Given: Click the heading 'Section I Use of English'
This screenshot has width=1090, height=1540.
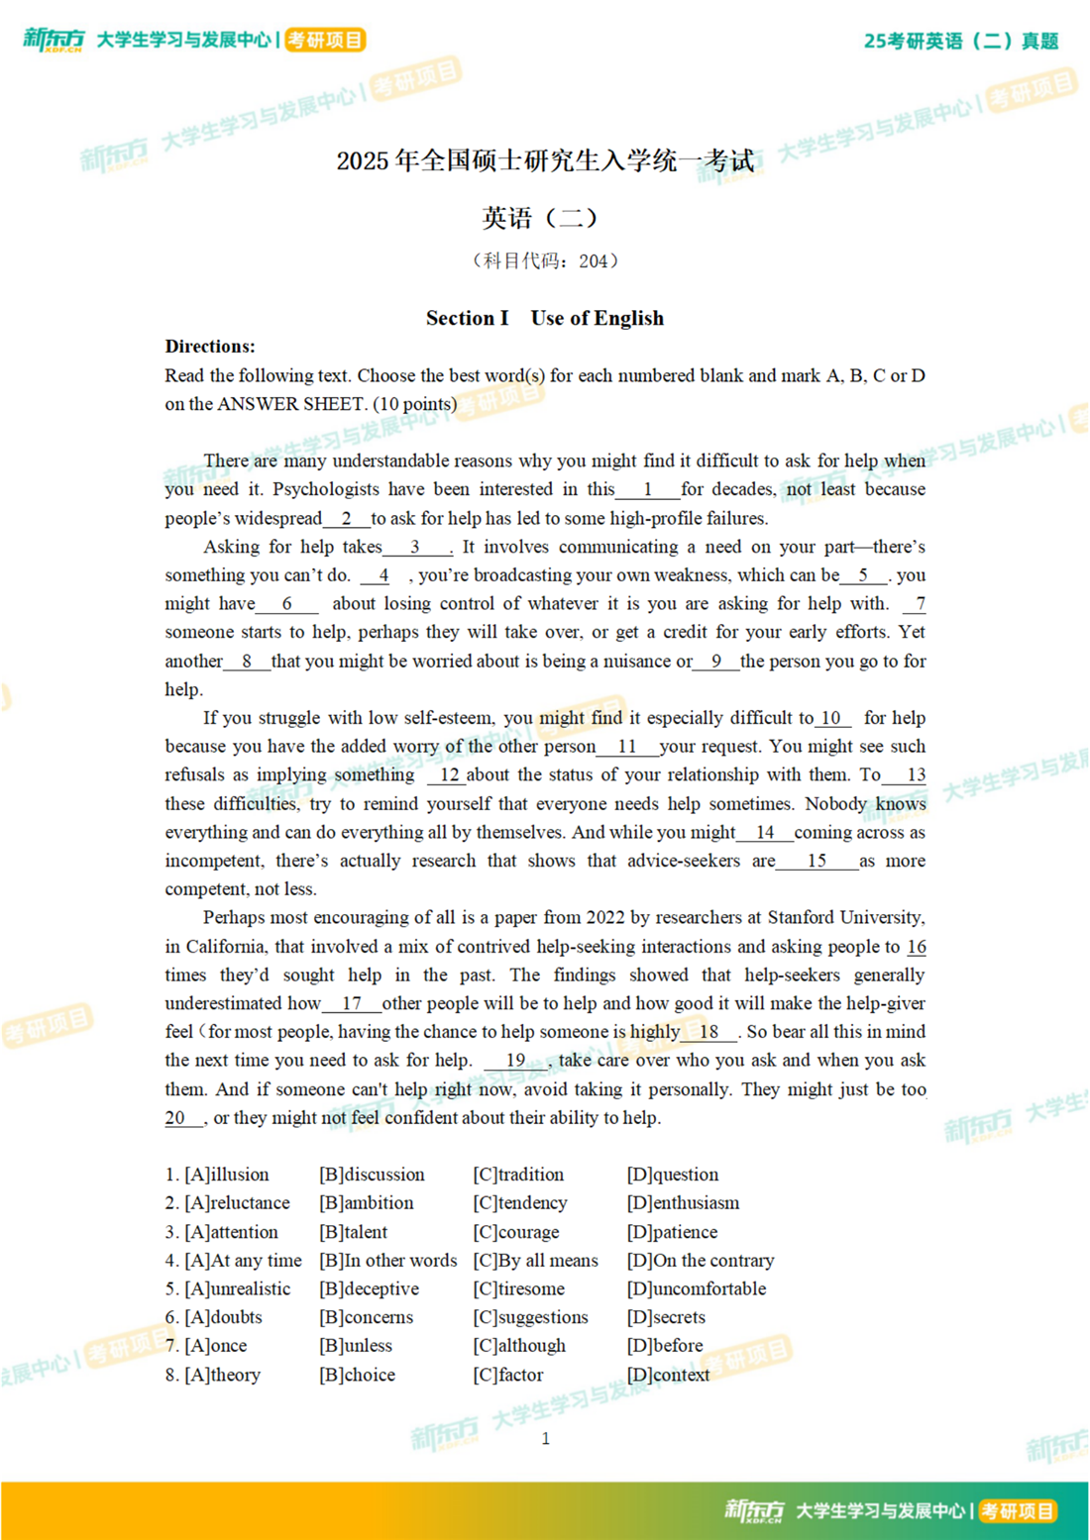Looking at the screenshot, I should click(x=545, y=318).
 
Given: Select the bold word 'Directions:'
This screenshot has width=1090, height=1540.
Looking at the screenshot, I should click(x=210, y=347).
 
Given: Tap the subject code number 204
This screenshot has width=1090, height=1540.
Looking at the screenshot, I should click(x=593, y=261).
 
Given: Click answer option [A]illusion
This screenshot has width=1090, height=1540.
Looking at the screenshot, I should click(x=226, y=1175).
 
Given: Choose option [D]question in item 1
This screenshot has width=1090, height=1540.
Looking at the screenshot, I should click(x=673, y=1175).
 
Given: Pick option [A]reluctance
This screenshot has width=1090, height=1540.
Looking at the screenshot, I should click(x=237, y=1203).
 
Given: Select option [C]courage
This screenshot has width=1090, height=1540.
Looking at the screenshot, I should click(x=516, y=1232).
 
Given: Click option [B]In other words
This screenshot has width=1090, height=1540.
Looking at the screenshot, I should click(x=388, y=1261).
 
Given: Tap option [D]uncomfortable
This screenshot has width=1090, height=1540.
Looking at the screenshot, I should click(x=697, y=1289).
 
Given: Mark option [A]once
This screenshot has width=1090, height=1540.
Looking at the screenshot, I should click(x=216, y=1346).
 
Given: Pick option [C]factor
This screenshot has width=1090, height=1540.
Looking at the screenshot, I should click(x=508, y=1375).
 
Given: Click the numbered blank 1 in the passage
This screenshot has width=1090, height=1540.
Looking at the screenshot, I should click(x=647, y=489).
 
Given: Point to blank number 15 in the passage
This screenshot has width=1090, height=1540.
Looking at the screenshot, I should click(x=817, y=861).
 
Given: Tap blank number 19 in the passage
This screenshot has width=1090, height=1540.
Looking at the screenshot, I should click(x=515, y=1061).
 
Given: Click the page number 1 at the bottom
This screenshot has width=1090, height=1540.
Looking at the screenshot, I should click(x=545, y=1438).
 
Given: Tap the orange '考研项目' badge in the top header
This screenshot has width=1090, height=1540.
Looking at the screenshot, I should click(x=326, y=40).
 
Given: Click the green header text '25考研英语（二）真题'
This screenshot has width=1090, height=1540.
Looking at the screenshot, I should click(x=960, y=41).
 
